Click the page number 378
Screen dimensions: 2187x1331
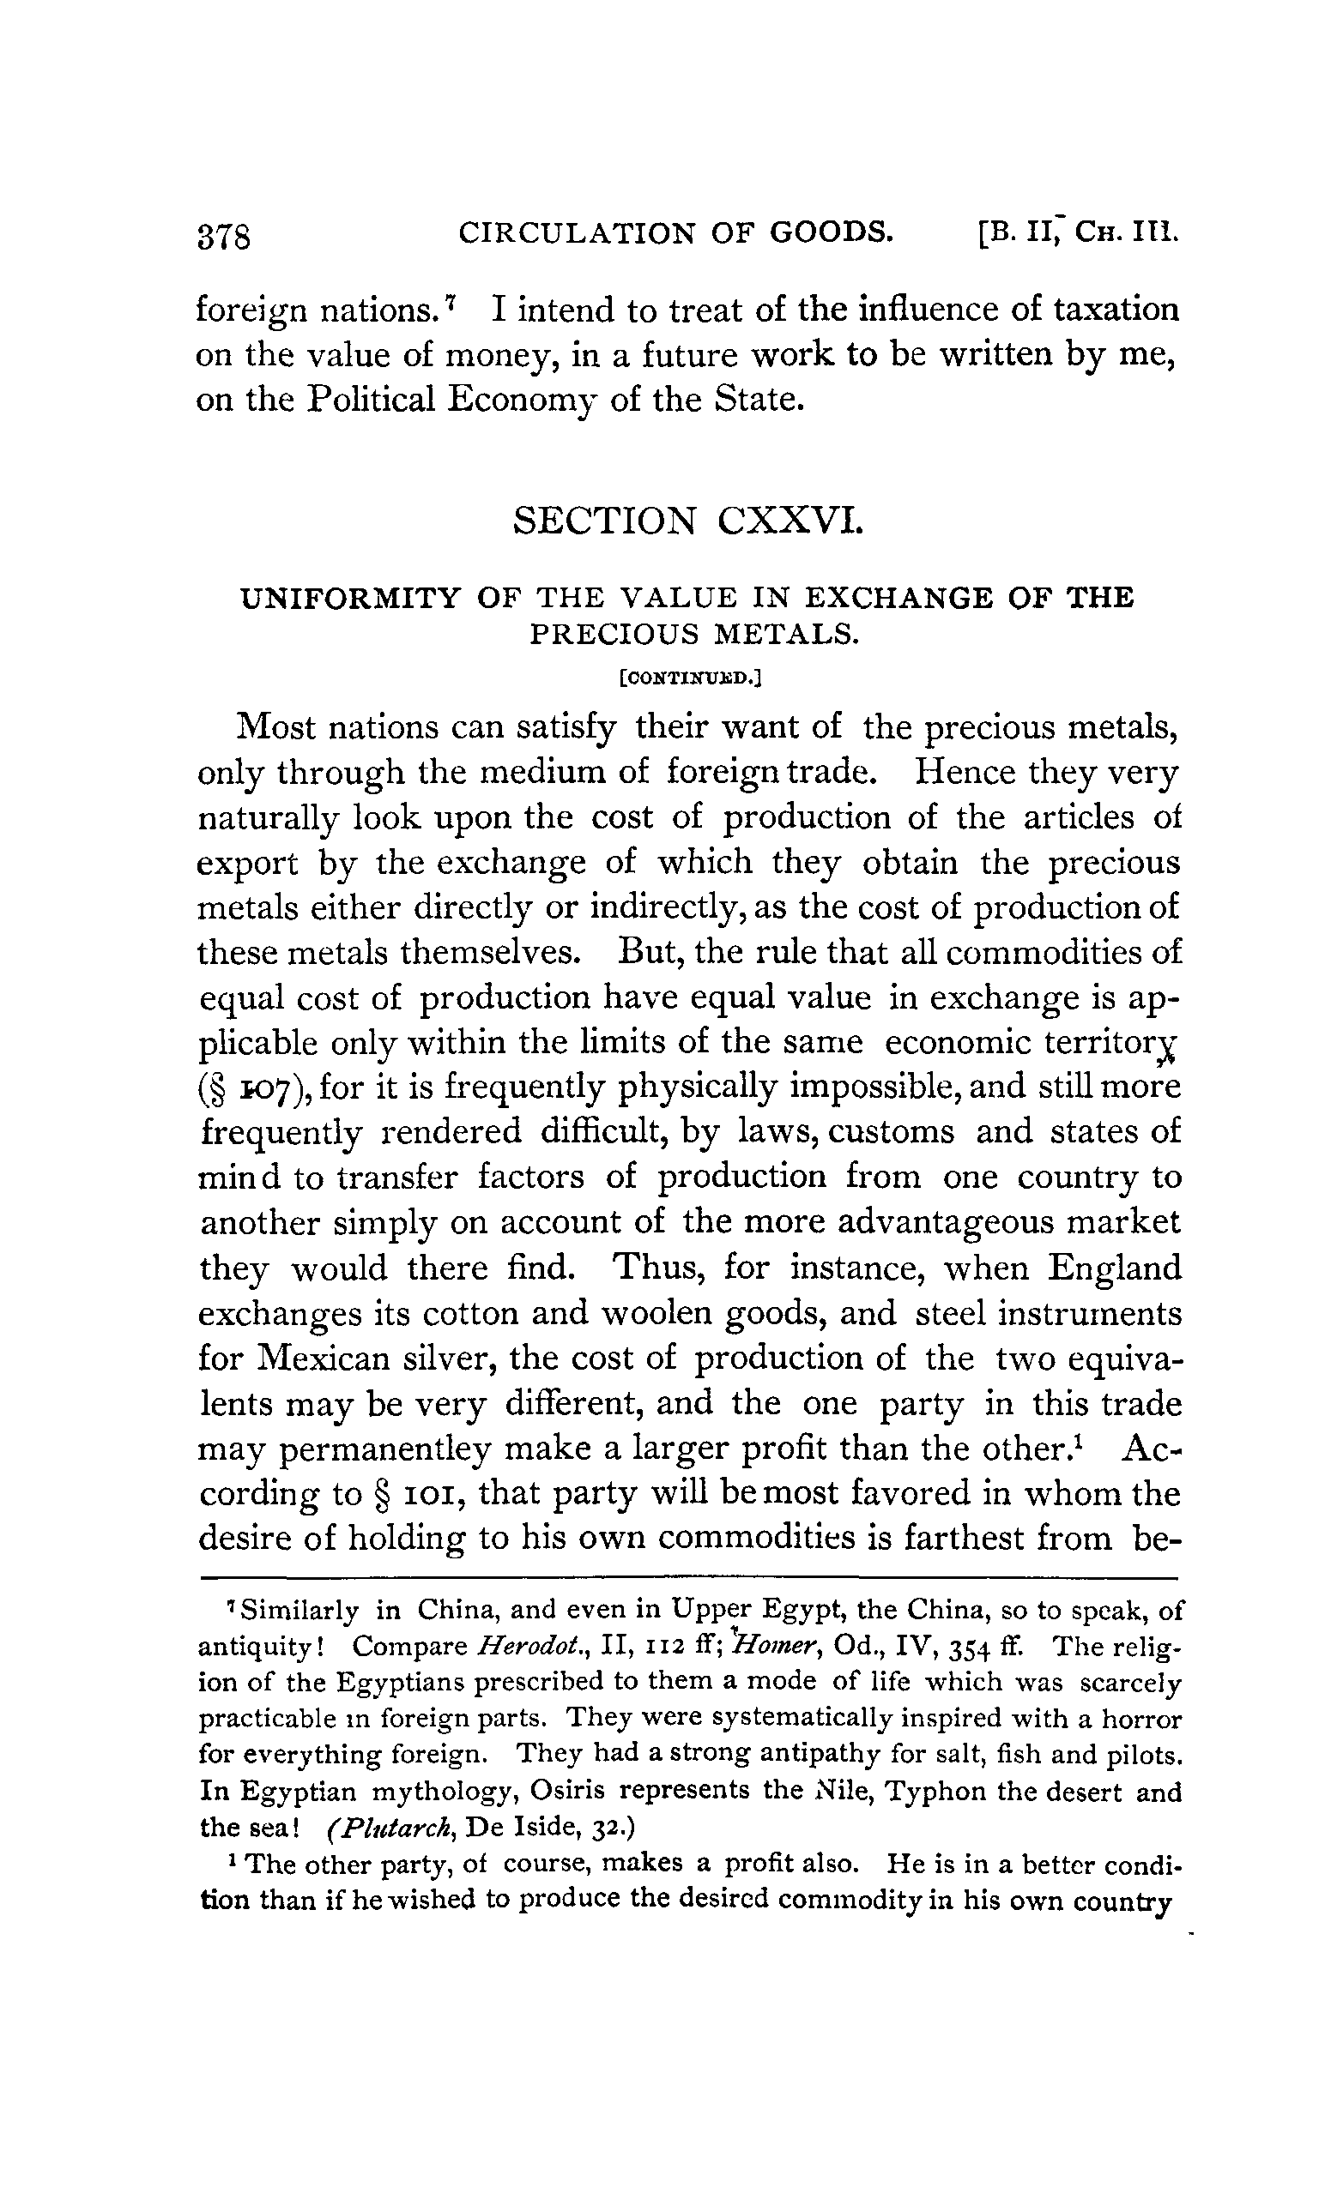point(227,237)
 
